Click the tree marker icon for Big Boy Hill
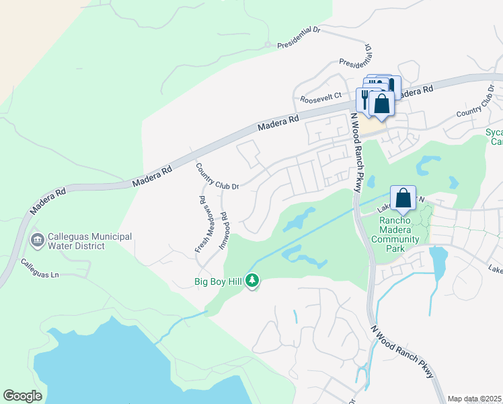tap(252, 279)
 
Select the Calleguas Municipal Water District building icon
tap(37, 240)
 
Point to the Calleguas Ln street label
tap(40, 269)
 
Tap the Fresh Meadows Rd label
tap(201, 224)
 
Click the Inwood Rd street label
tap(224, 232)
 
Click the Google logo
tap(22, 396)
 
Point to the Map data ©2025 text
tap(475, 399)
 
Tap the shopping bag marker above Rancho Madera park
tap(403, 199)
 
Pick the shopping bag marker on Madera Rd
tap(381, 104)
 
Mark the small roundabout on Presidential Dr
tap(268, 45)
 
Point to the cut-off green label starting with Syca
tap(494, 137)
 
